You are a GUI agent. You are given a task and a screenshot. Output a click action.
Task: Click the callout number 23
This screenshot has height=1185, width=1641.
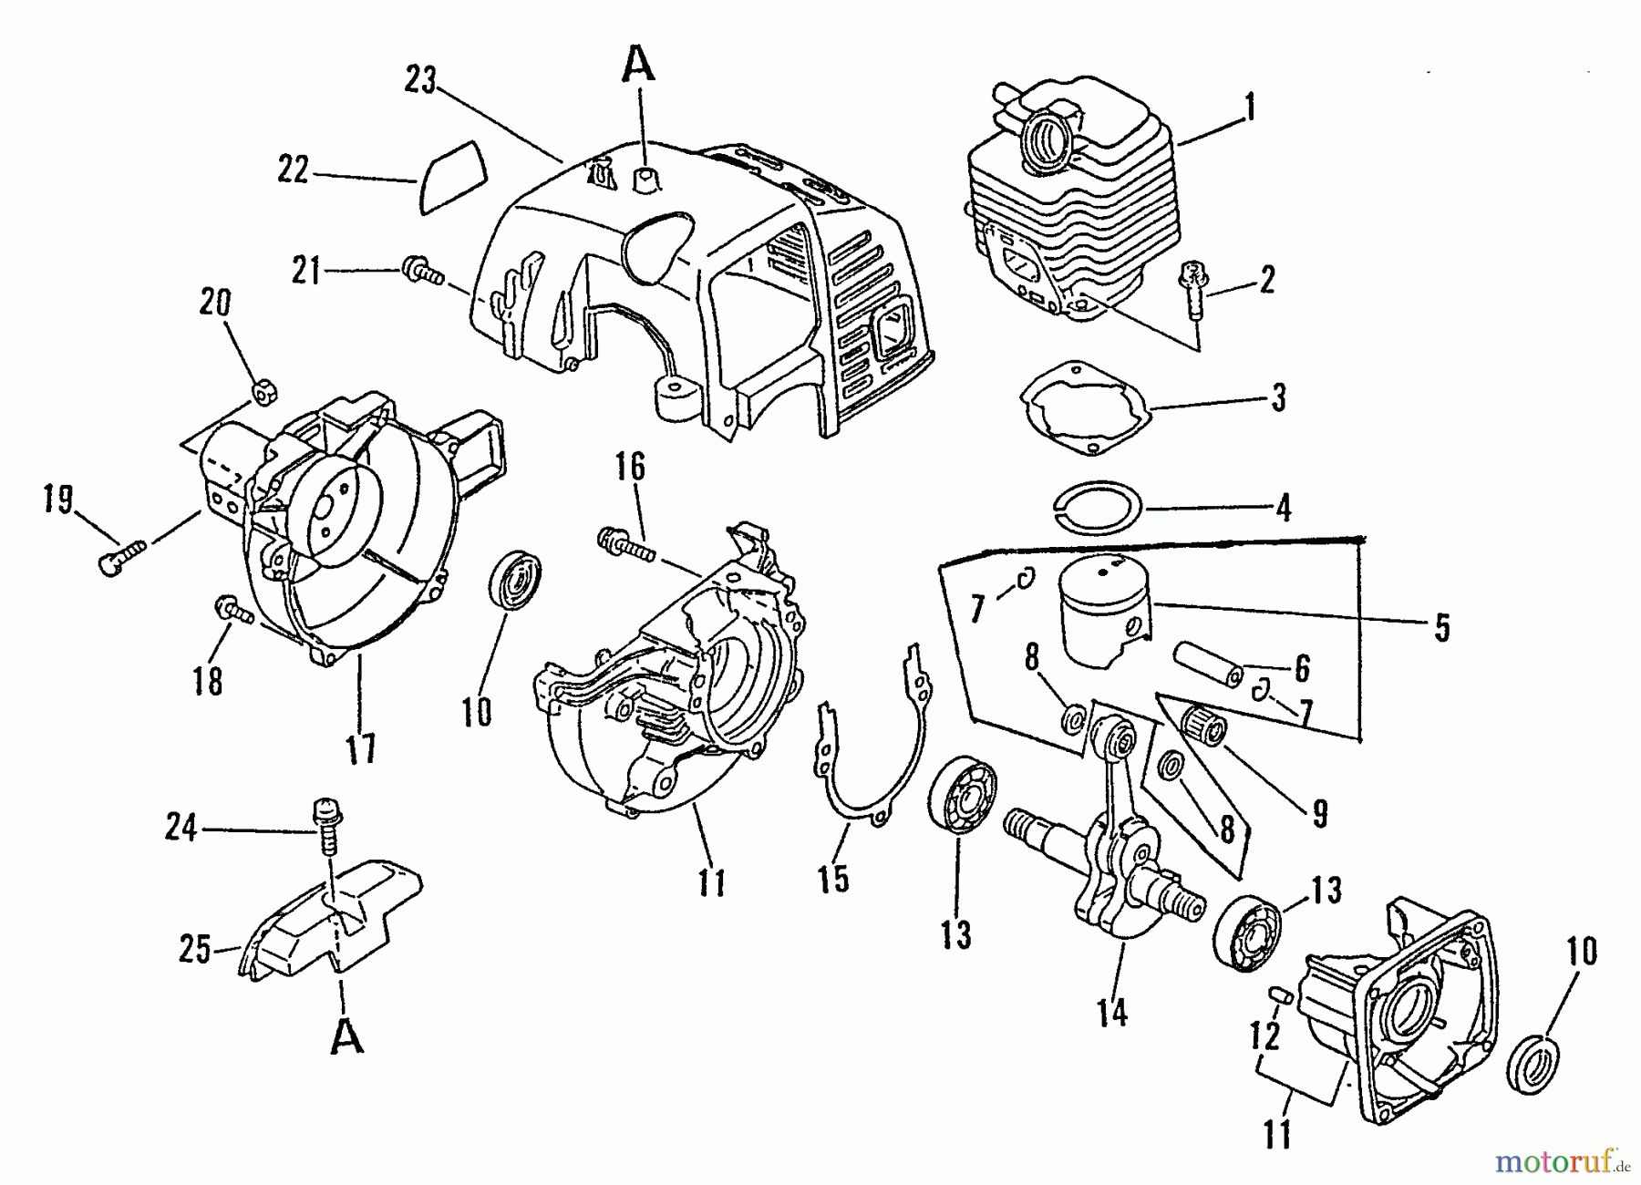tap(422, 80)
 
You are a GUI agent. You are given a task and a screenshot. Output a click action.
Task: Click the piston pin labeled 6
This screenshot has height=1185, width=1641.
tap(1209, 664)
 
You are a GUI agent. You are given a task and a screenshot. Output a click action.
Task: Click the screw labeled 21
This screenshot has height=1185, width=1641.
tap(421, 271)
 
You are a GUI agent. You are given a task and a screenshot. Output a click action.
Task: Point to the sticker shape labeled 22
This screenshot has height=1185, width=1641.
tap(453, 178)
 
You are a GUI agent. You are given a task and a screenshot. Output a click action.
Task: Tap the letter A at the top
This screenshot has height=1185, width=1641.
tap(639, 64)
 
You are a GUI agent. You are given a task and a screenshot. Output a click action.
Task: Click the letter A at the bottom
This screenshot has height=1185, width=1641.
tap(346, 1036)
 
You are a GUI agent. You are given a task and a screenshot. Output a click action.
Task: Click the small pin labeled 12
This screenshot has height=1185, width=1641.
tap(1278, 994)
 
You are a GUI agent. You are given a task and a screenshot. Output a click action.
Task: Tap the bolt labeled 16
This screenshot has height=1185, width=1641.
tap(626, 545)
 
